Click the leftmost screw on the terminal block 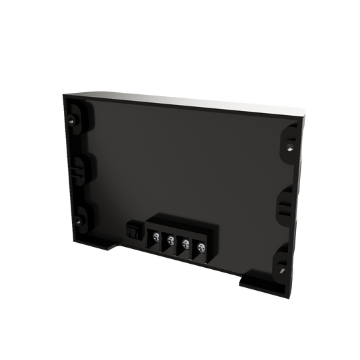tap(155, 237)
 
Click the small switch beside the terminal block tap(133, 231)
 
